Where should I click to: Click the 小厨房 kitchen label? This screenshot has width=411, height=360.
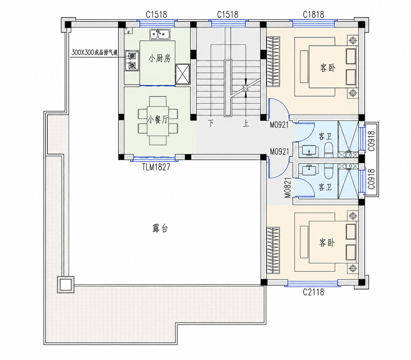[x=159, y=59]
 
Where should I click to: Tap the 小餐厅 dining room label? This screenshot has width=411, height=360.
[x=158, y=120]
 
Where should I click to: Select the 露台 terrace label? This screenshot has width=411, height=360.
[x=160, y=228]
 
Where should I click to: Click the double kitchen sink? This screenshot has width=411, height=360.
[x=160, y=34]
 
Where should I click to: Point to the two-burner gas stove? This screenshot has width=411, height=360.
[x=132, y=61]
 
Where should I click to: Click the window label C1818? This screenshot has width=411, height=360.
[x=313, y=15]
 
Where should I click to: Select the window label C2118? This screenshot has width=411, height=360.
[x=313, y=292]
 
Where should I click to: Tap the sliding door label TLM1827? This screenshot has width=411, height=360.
[x=156, y=167]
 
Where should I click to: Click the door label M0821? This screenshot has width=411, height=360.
[x=288, y=188]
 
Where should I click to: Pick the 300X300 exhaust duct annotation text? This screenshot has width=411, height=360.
[x=95, y=52]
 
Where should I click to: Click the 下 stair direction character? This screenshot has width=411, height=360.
[x=211, y=123]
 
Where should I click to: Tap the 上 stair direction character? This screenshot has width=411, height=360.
[x=246, y=123]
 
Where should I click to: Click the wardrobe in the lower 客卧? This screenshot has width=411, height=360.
[x=273, y=250]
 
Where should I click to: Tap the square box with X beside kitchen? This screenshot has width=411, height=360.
[x=183, y=74]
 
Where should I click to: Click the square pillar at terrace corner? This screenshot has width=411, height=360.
[x=65, y=284]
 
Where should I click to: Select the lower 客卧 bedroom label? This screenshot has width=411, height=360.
[x=327, y=243]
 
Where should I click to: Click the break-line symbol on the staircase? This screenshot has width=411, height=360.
[x=246, y=88]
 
